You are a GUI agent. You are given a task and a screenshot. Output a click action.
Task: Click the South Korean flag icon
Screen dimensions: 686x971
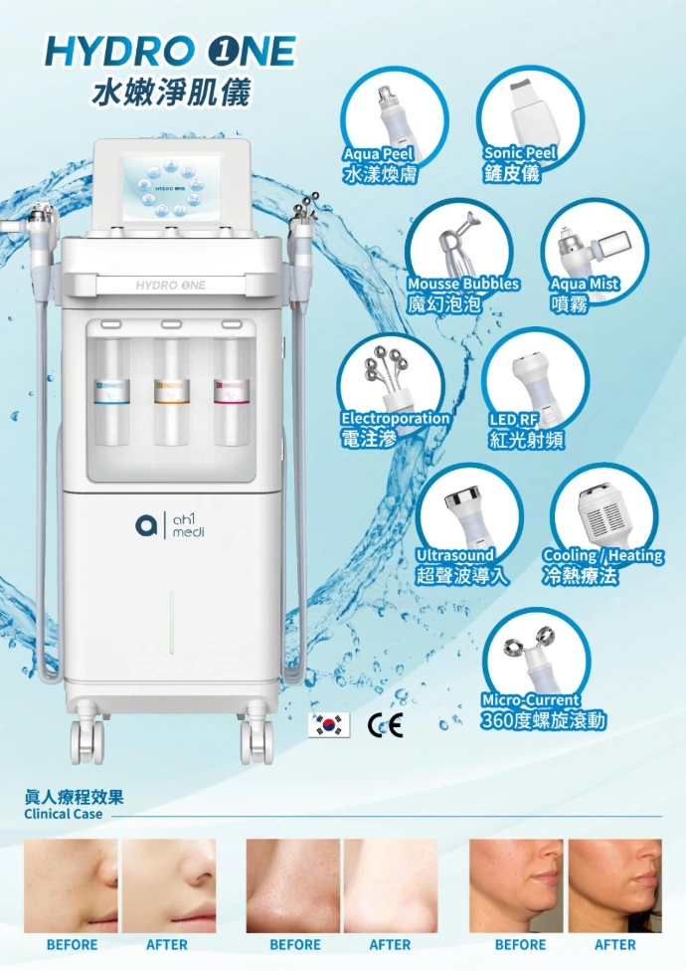pyautogui.click(x=329, y=725)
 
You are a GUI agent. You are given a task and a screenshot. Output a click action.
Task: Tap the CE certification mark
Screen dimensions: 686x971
pyautogui.click(x=386, y=724)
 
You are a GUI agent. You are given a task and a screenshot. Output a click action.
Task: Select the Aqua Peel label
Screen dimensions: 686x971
pyautogui.click(x=378, y=153)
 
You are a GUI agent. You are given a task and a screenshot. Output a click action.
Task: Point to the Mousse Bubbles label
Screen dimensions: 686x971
pyautogui.click(x=463, y=284)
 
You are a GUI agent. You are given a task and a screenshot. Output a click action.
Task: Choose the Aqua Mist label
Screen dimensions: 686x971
pyautogui.click(x=585, y=284)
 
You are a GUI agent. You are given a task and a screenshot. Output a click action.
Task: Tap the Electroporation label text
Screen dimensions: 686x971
pyautogui.click(x=396, y=419)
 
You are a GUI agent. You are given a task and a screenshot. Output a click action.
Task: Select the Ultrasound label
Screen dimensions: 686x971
pyautogui.click(x=454, y=555)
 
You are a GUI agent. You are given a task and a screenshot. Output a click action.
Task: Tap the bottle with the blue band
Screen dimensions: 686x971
pyautogui.click(x=110, y=391)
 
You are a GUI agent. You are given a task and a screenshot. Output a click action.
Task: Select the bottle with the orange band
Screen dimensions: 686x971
pyautogui.click(x=171, y=391)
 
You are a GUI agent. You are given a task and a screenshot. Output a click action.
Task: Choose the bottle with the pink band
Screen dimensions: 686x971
pyautogui.click(x=232, y=391)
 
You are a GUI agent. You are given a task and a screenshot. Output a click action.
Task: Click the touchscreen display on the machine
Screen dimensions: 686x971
pyautogui.click(x=171, y=186)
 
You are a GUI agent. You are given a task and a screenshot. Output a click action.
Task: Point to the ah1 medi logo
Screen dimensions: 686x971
pyautogui.click(x=169, y=525)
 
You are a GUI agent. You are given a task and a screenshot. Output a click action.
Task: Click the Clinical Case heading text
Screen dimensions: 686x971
pyautogui.click(x=63, y=814)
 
